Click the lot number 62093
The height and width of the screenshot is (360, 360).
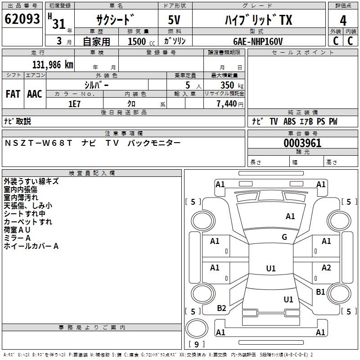(22, 19)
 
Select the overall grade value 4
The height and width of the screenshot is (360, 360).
(343, 21)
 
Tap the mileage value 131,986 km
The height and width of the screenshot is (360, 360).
(53, 64)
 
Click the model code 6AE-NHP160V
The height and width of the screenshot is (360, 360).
(258, 41)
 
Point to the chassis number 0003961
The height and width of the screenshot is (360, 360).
(302, 143)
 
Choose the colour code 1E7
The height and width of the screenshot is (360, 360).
(74, 103)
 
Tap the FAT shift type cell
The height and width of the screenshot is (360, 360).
(13, 94)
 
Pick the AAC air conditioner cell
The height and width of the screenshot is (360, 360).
(35, 94)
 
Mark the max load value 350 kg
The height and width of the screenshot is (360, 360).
(231, 85)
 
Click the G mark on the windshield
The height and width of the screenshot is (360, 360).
(284, 237)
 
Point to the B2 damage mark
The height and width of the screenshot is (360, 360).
(221, 308)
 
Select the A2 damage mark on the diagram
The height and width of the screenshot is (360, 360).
(326, 268)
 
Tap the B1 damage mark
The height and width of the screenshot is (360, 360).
(320, 292)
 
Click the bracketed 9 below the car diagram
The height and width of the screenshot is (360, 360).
(196, 344)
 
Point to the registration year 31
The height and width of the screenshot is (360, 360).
(59, 24)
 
